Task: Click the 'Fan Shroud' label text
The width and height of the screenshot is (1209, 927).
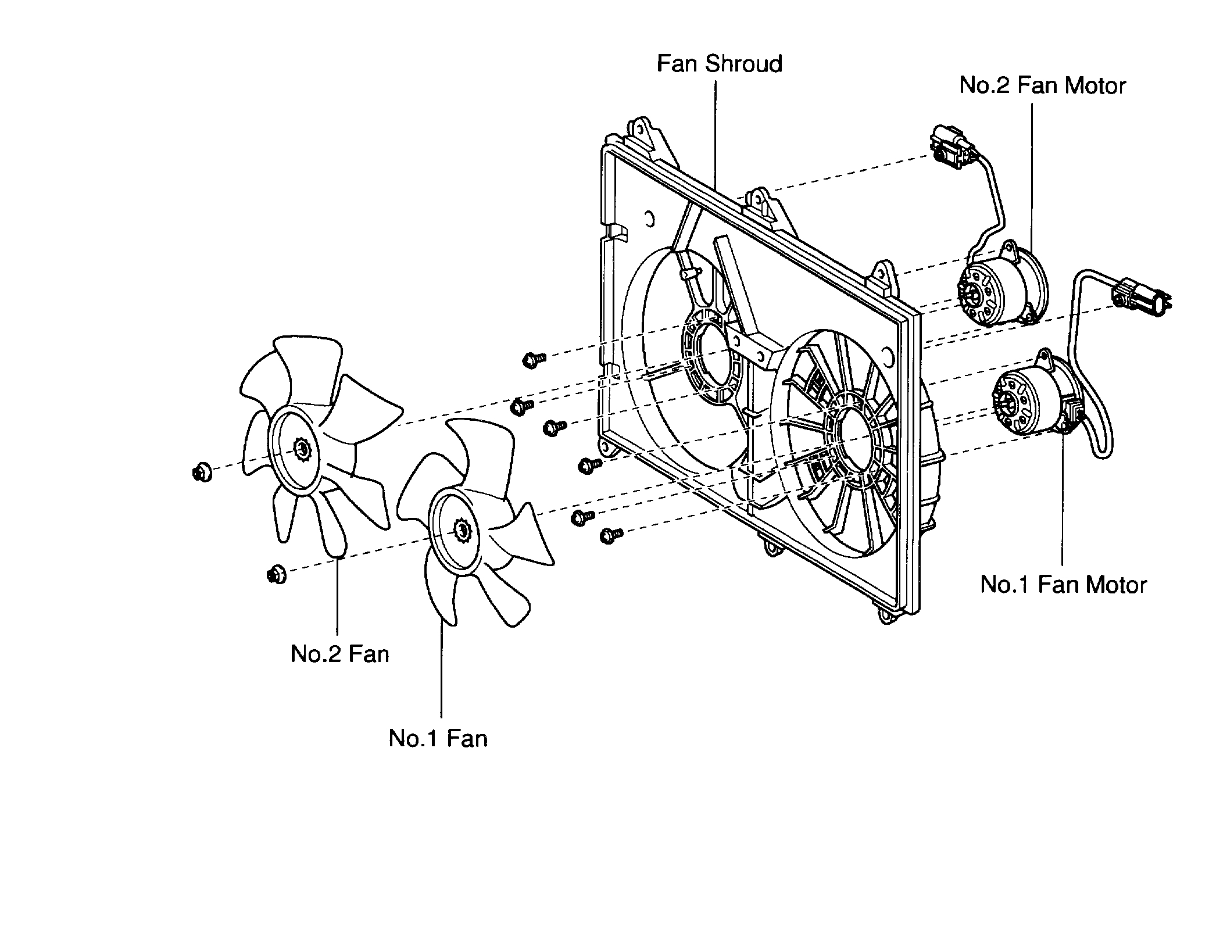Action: tap(719, 64)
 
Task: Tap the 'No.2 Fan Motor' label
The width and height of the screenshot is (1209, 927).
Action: tap(1042, 86)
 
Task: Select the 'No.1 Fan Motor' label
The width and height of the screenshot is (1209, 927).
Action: tap(1063, 585)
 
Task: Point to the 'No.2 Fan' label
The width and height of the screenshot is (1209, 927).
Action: tap(339, 654)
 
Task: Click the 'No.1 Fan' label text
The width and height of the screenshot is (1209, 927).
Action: tap(438, 738)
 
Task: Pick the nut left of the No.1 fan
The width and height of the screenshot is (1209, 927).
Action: tap(277, 575)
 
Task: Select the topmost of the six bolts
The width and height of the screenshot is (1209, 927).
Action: tap(533, 360)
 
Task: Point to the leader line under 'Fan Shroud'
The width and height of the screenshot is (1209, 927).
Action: tap(716, 134)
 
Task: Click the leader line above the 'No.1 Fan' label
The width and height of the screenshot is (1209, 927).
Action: tap(442, 668)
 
